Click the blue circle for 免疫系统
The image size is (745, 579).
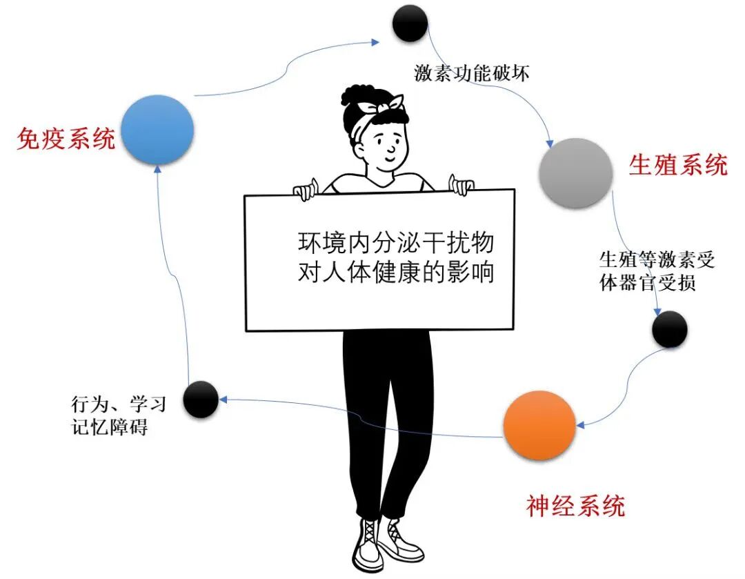coord(157,130)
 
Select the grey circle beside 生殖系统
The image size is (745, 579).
coord(576,173)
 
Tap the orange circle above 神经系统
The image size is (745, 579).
coord(539,425)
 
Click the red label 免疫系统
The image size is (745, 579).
coord(66,139)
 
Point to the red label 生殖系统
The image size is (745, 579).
coord(678,165)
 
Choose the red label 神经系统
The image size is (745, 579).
coord(575,507)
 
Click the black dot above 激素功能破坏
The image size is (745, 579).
coord(410,23)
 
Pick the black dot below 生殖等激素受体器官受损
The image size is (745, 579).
coord(669,329)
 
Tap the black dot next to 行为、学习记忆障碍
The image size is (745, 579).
coord(201,398)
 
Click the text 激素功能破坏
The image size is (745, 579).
coord(472,72)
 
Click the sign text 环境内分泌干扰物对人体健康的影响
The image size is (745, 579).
coord(396,256)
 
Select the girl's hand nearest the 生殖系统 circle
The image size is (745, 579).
coord(461,184)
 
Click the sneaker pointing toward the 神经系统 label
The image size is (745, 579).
coord(401,541)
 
